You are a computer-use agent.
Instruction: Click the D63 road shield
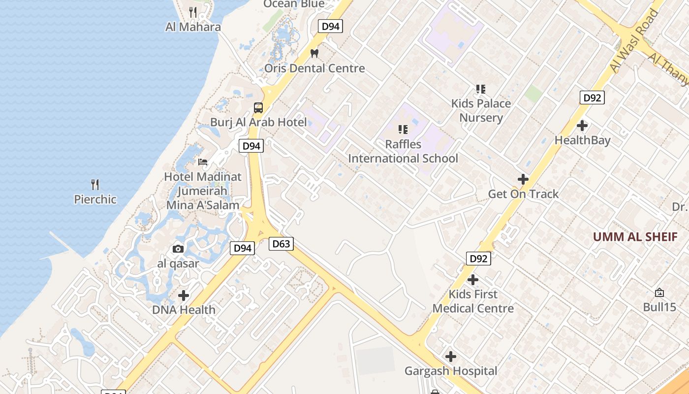tap(281, 243)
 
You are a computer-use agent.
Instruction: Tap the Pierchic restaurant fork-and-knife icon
tap(95, 185)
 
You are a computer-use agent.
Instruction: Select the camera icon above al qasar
tap(178, 249)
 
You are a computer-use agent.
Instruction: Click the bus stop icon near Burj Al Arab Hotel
tap(258, 107)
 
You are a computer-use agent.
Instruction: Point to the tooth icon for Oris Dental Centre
tap(314, 53)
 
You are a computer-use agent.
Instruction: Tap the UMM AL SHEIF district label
tap(635, 237)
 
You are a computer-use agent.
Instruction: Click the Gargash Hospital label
tap(451, 371)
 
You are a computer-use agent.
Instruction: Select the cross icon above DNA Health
tap(184, 295)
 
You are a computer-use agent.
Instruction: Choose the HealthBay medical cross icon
tap(582, 126)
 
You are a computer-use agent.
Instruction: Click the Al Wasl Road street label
tap(633, 40)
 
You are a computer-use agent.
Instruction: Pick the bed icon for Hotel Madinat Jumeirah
tap(202, 162)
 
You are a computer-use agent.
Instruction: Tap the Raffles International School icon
tap(403, 130)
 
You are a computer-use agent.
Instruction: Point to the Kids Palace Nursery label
tap(481, 110)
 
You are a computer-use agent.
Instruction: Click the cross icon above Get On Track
tap(523, 179)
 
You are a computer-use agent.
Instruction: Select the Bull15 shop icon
tap(659, 293)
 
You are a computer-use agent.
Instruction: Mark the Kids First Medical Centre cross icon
tap(473, 280)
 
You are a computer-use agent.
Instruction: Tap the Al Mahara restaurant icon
tap(193, 12)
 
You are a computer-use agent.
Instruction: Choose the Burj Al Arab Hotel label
tap(258, 122)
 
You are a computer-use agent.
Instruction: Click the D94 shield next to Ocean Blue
tap(330, 26)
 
